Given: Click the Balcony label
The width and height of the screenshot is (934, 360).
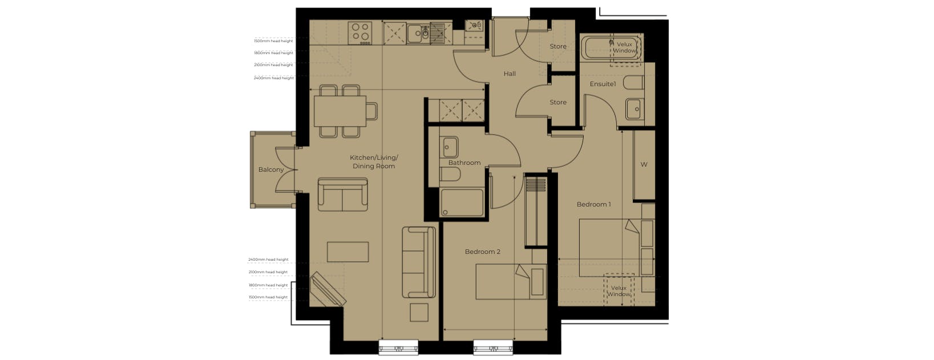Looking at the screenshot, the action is pyautogui.click(x=270, y=169).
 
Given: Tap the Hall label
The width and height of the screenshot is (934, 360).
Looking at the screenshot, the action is pyautogui.click(x=510, y=74).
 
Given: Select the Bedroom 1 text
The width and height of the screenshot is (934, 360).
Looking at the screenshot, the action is pyautogui.click(x=594, y=204).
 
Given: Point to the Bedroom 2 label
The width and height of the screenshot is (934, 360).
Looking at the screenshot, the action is pyautogui.click(x=483, y=252).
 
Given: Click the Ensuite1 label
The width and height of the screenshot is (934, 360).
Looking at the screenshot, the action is pyautogui.click(x=603, y=84).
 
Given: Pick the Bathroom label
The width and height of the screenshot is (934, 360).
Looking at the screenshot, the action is pyautogui.click(x=464, y=163).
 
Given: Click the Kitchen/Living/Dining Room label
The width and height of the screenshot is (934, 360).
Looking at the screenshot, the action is pyautogui.click(x=374, y=162).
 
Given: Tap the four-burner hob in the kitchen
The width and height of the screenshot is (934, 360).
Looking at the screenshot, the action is pyautogui.click(x=360, y=33).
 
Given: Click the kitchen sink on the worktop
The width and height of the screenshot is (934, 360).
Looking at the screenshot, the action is pyautogui.click(x=418, y=33).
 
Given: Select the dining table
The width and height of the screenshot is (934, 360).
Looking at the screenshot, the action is pyautogui.click(x=340, y=111).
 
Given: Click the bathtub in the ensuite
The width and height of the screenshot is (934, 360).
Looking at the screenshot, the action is pyautogui.click(x=611, y=48).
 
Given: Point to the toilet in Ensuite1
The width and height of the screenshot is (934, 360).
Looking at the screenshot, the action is pyautogui.click(x=633, y=83).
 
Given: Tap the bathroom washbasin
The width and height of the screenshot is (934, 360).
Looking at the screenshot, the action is pyautogui.click(x=448, y=147).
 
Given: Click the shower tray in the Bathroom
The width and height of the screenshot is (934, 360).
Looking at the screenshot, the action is pyautogui.click(x=462, y=203).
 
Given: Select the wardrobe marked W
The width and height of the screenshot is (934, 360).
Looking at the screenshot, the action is pyautogui.click(x=644, y=165).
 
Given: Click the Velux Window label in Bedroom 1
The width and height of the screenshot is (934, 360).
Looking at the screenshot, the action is pyautogui.click(x=619, y=291).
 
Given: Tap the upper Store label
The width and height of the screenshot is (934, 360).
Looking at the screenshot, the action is pyautogui.click(x=558, y=46).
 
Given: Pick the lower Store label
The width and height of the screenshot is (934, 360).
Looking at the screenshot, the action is pyautogui.click(x=558, y=102).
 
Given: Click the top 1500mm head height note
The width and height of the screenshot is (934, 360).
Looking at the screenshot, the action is pyautogui.click(x=273, y=41).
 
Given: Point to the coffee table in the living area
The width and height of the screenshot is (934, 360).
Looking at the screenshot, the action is pyautogui.click(x=347, y=252).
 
